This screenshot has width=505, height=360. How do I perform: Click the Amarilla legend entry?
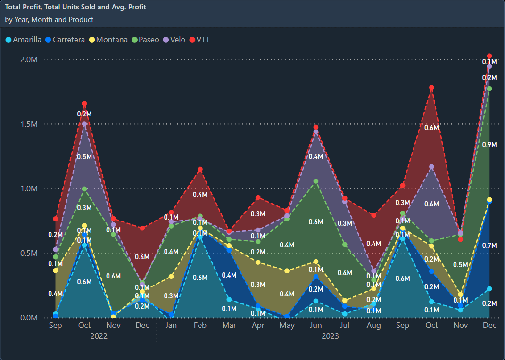27,40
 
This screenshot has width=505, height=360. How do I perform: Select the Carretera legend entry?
68,40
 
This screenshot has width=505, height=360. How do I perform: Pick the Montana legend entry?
111,40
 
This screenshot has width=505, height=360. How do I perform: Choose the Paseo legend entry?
149,40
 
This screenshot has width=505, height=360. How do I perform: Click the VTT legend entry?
203,40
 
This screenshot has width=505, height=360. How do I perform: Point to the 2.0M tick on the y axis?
28,59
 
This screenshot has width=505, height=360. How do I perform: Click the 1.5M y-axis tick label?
28,124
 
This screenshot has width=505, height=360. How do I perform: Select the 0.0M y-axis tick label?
28,318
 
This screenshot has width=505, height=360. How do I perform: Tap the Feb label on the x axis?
200,326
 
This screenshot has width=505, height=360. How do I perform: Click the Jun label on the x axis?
316,326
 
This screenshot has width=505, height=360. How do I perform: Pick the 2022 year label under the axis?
99,336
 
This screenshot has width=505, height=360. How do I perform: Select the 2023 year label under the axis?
330,336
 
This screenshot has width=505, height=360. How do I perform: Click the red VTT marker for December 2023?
489,56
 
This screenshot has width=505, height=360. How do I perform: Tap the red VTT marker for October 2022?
84,103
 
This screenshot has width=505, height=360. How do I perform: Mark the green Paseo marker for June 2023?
316,181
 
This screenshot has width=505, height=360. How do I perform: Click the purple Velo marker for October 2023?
431,167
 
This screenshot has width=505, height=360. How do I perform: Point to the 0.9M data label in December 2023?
489,145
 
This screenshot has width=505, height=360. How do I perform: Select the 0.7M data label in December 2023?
489,245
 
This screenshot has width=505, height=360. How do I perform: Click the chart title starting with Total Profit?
75,7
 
